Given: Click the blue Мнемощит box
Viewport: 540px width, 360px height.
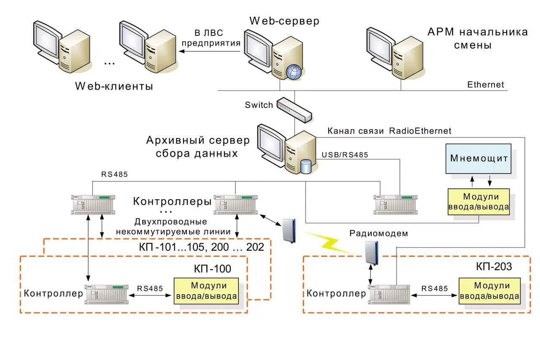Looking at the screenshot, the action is (x=478, y=159).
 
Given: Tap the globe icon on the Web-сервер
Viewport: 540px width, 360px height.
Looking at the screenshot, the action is (x=294, y=72).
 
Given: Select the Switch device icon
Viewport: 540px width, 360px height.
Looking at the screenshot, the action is (x=294, y=110).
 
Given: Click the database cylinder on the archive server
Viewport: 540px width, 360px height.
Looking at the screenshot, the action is (x=306, y=166).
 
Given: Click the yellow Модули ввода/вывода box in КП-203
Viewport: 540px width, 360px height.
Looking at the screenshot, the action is (x=489, y=291).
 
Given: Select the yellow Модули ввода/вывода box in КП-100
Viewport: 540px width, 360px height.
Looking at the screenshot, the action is (x=206, y=291).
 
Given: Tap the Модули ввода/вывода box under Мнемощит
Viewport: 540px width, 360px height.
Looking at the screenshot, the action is (x=478, y=202).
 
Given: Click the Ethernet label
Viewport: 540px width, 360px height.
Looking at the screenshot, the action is (x=486, y=85).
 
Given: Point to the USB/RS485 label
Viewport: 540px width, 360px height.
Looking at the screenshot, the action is (x=345, y=155).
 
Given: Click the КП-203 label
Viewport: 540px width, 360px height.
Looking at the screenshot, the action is (x=494, y=266).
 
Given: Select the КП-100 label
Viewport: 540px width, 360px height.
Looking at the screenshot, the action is (x=212, y=268).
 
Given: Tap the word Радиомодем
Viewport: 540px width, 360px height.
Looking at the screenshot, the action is (x=379, y=233).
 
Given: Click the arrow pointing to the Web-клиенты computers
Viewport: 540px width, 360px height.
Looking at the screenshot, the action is (x=210, y=51).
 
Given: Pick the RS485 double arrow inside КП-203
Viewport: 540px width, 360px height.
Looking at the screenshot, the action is (x=434, y=295).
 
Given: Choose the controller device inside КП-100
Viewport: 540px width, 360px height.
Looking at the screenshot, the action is (x=106, y=295).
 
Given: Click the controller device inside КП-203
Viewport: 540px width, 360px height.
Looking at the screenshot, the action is (x=389, y=295).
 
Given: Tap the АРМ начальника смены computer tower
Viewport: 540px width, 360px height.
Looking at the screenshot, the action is (x=408, y=58).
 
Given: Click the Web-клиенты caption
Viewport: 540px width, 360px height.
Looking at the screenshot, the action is (x=114, y=86).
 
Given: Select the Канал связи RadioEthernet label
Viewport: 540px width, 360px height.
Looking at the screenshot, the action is (x=389, y=131).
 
